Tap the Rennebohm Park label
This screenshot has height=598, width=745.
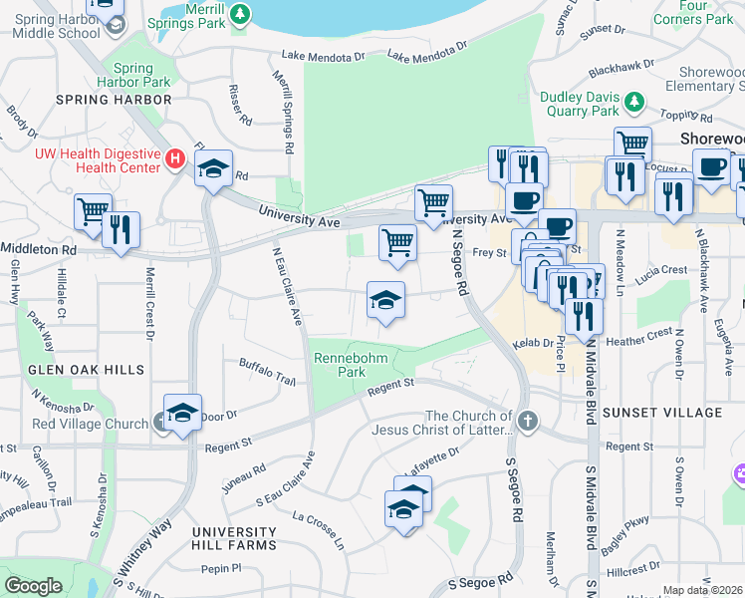[x=341, y=364]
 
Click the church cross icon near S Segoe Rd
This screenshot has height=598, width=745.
[x=528, y=422]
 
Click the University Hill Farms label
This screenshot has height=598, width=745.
[x=234, y=538]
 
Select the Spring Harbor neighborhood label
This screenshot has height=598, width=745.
[x=116, y=100]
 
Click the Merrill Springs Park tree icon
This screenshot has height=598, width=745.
[x=240, y=13]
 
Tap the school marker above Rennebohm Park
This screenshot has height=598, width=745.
[x=386, y=300]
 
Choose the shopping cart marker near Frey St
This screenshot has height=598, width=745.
[x=397, y=242]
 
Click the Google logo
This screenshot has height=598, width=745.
[x=33, y=586]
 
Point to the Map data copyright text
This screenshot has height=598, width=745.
[x=702, y=590]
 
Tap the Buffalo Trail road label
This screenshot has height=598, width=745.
[x=267, y=372]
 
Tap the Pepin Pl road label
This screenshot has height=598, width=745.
[x=221, y=568]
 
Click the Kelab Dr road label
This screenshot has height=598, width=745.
[x=533, y=343]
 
